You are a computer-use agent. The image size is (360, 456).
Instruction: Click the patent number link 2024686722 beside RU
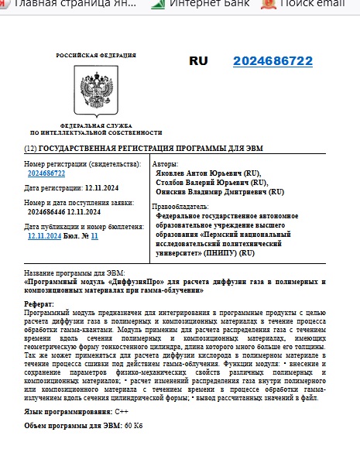[x=273, y=61]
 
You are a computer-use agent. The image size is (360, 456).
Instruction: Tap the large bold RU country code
[x=199, y=60]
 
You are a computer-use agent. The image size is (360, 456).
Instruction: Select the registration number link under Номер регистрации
[x=46, y=173]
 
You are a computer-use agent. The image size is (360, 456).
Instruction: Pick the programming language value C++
[x=122, y=412]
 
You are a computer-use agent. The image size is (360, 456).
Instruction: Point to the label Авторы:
[x=166, y=164]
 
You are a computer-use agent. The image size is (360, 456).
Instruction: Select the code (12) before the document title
[x=30, y=147]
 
